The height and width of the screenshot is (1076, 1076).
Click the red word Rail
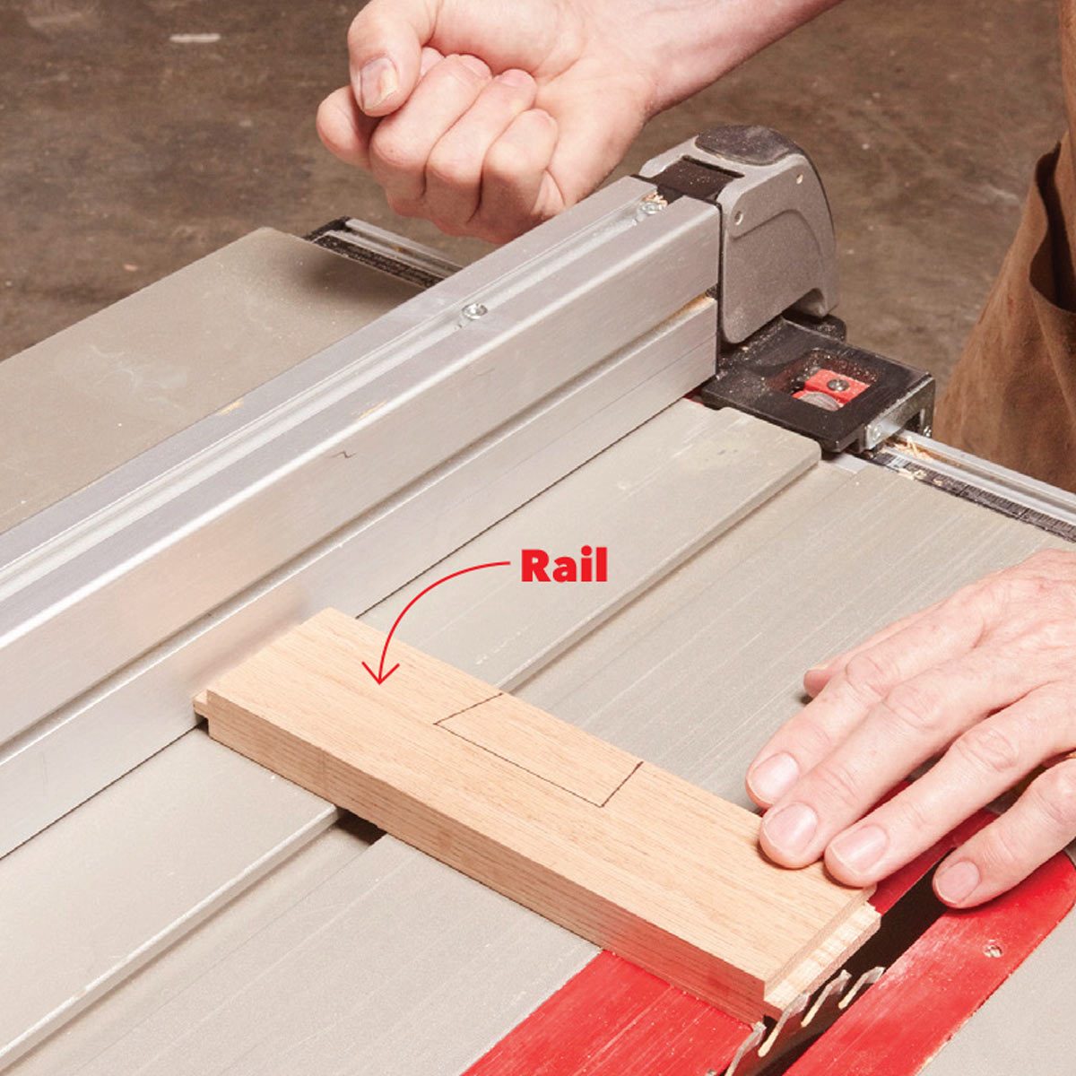click(x=564, y=567)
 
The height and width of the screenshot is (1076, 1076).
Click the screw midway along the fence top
click(x=473, y=310)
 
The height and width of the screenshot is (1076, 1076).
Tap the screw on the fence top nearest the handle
click(x=650, y=208)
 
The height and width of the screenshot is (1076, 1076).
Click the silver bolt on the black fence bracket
click(x=874, y=432)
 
